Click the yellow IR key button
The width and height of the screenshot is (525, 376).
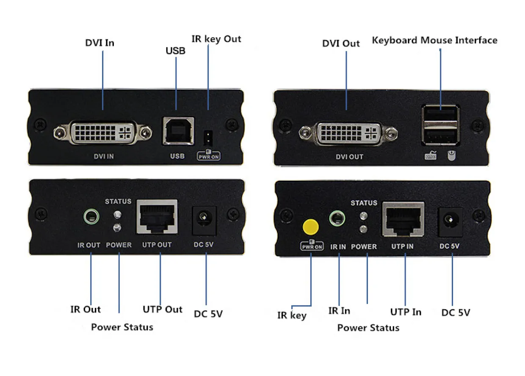(310, 227)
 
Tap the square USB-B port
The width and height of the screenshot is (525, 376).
(179, 131)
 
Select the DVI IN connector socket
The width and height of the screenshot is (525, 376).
(102, 133)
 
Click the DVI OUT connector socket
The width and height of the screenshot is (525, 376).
(348, 134)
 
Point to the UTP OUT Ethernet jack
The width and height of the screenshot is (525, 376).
(157, 217)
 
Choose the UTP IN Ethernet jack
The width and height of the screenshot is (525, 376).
(403, 219)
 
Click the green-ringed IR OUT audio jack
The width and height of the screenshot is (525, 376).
(91, 216)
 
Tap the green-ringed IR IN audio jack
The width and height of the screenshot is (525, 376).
(337, 218)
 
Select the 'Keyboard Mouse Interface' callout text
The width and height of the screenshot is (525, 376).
(434, 40)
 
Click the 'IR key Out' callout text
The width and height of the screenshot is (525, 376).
(216, 39)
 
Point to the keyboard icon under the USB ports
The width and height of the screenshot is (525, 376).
(431, 155)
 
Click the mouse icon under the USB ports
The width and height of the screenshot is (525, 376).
(452, 156)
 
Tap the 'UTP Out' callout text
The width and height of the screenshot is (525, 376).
(163, 309)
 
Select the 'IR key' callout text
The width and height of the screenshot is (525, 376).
(292, 315)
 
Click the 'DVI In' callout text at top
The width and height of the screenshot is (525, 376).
(99, 43)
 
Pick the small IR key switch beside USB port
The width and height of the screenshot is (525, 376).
(208, 138)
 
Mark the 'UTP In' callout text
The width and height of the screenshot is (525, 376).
(406, 312)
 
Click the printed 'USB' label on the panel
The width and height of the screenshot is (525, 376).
(177, 156)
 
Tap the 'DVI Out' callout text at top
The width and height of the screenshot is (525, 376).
(341, 43)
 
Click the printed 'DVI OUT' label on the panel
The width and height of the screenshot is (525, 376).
(349, 157)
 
